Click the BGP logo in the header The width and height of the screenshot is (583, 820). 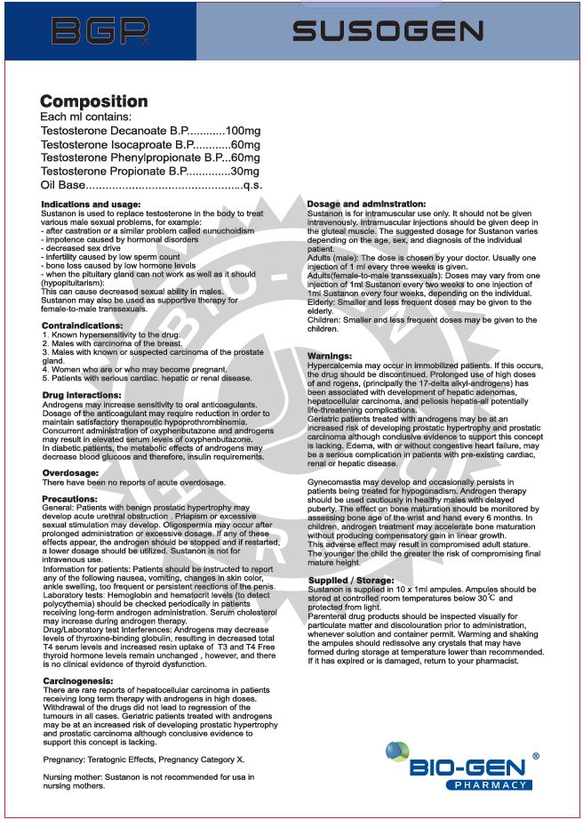[x=99, y=32]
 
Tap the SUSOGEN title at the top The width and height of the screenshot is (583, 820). [x=388, y=33]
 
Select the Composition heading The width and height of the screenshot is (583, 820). [x=94, y=101]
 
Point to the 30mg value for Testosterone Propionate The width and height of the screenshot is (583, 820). [x=244, y=171]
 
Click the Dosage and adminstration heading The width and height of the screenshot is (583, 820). [x=366, y=205]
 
